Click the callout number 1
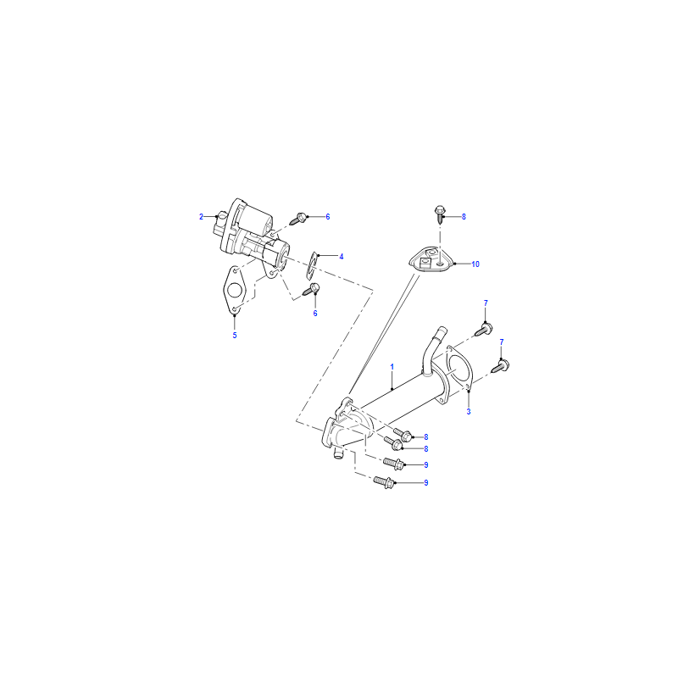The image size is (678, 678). click(x=392, y=367)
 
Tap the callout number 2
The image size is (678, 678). click(x=201, y=217)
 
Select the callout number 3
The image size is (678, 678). click(x=469, y=412)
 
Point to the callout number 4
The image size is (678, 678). click(x=342, y=257)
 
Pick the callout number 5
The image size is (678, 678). click(x=235, y=335)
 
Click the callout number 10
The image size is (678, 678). click(x=475, y=264)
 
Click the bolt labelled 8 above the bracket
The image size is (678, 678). click(x=440, y=214)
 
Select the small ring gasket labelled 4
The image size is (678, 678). click(x=312, y=264)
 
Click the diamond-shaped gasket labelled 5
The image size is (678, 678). click(x=234, y=289)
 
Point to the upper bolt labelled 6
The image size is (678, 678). click(x=299, y=219)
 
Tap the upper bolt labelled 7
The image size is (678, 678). click(x=484, y=330)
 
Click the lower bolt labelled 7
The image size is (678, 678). click(x=501, y=366)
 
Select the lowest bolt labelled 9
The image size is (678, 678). click(x=384, y=481)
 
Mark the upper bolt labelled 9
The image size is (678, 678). click(x=394, y=463)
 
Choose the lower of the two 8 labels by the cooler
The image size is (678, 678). click(x=426, y=449)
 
